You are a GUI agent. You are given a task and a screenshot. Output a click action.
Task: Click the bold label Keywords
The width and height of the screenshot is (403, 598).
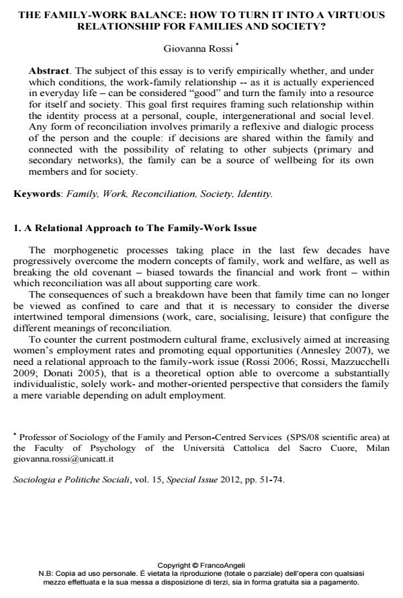pos(37,194)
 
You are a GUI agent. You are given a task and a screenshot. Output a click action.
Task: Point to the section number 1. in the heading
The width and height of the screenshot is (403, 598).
pos(17,228)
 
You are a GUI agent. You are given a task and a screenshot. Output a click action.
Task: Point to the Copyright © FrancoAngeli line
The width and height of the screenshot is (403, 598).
pos(201,565)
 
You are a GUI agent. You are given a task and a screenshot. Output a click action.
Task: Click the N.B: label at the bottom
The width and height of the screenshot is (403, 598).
pos(50,573)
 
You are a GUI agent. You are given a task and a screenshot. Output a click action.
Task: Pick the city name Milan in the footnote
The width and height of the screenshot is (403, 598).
pos(375,448)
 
